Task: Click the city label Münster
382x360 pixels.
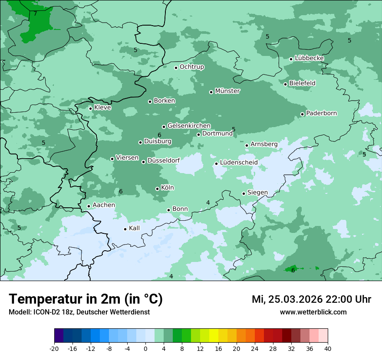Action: tap(227, 91)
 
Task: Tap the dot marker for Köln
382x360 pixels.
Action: tap(157, 189)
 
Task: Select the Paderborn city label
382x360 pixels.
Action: tap(321, 113)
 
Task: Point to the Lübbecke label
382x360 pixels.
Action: tap(309, 58)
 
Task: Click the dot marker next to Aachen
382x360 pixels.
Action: tap(89, 206)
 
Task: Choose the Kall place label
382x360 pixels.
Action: tap(134, 228)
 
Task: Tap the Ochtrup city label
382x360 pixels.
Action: tap(191, 67)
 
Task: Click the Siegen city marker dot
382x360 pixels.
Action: tap(244, 193)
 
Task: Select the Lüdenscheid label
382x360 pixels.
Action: tap(239, 163)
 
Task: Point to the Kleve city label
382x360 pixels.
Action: tap(102, 108)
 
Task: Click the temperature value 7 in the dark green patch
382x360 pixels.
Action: tap(35, 14)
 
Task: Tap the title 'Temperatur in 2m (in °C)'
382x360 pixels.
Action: tap(86, 299)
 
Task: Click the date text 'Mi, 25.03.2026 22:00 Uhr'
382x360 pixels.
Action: tap(311, 299)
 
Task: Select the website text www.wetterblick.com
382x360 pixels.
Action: tap(313, 312)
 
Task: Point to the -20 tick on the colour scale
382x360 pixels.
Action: tap(54, 349)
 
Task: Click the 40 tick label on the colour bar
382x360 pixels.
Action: tap(327, 349)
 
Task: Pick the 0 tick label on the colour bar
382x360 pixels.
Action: tap(145, 349)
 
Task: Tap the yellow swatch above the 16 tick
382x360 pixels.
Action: tap(214, 336)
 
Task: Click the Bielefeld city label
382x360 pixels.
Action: tap(302, 83)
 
